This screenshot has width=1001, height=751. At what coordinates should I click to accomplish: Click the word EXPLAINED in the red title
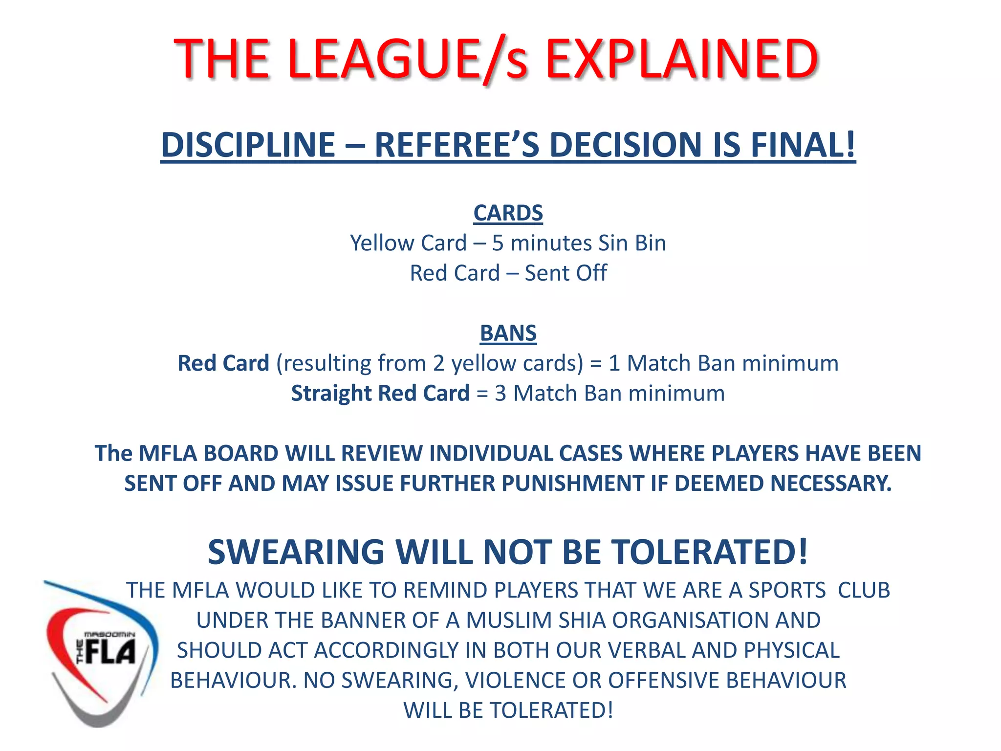pos(681,59)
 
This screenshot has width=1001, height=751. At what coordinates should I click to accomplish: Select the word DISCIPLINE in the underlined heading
pos(248,145)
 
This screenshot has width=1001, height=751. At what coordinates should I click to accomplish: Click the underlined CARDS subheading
pos(508,213)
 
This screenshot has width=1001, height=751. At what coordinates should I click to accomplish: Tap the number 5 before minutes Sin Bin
pos(498,243)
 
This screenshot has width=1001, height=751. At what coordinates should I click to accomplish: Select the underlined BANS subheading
pos(508,333)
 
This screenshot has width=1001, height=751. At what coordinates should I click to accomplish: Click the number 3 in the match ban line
pos(500,394)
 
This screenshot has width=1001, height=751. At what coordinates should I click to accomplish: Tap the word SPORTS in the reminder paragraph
pos(787,591)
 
